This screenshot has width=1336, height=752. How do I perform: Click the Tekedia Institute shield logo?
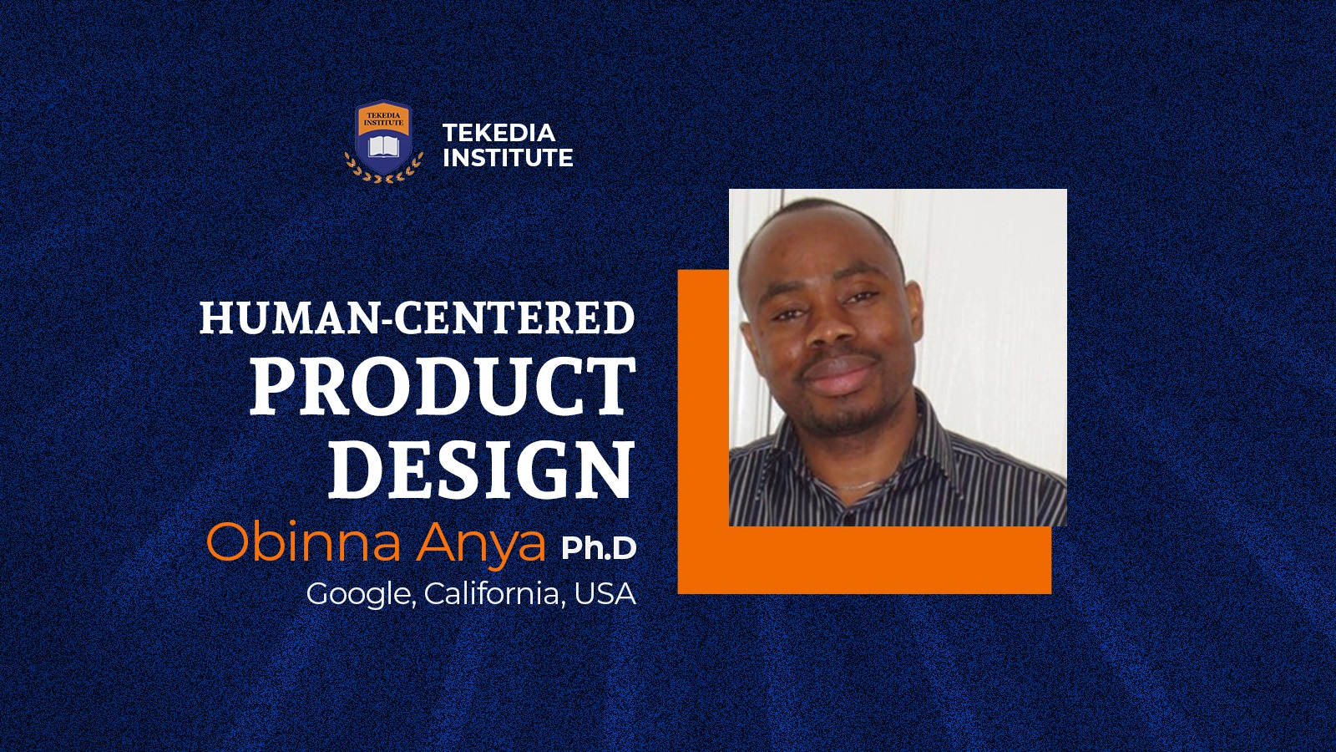[x=383, y=141]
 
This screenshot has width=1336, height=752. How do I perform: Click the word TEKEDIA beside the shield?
[x=498, y=133]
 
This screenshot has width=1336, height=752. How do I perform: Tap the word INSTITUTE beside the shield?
[x=508, y=158]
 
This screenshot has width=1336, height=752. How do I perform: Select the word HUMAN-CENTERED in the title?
[x=417, y=318]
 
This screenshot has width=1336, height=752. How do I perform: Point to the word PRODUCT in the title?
[x=442, y=387]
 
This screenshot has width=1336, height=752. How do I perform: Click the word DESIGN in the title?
[x=481, y=469]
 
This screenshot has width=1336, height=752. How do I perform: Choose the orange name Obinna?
[x=303, y=541]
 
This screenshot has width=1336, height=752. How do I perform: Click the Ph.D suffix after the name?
[x=598, y=548]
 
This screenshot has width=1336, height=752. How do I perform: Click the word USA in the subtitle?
[x=605, y=594]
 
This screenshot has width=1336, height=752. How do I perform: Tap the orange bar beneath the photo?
[x=865, y=560]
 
